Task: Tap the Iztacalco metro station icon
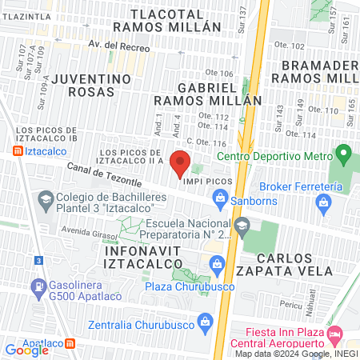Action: click(x=18, y=150)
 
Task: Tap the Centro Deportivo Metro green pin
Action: click(x=344, y=152)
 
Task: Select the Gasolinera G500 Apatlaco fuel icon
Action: click(x=37, y=286)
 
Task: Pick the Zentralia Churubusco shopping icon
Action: click(x=206, y=323)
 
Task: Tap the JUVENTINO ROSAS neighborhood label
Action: click(x=90, y=86)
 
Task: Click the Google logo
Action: click(x=26, y=350)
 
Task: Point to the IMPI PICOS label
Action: click(x=208, y=182)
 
